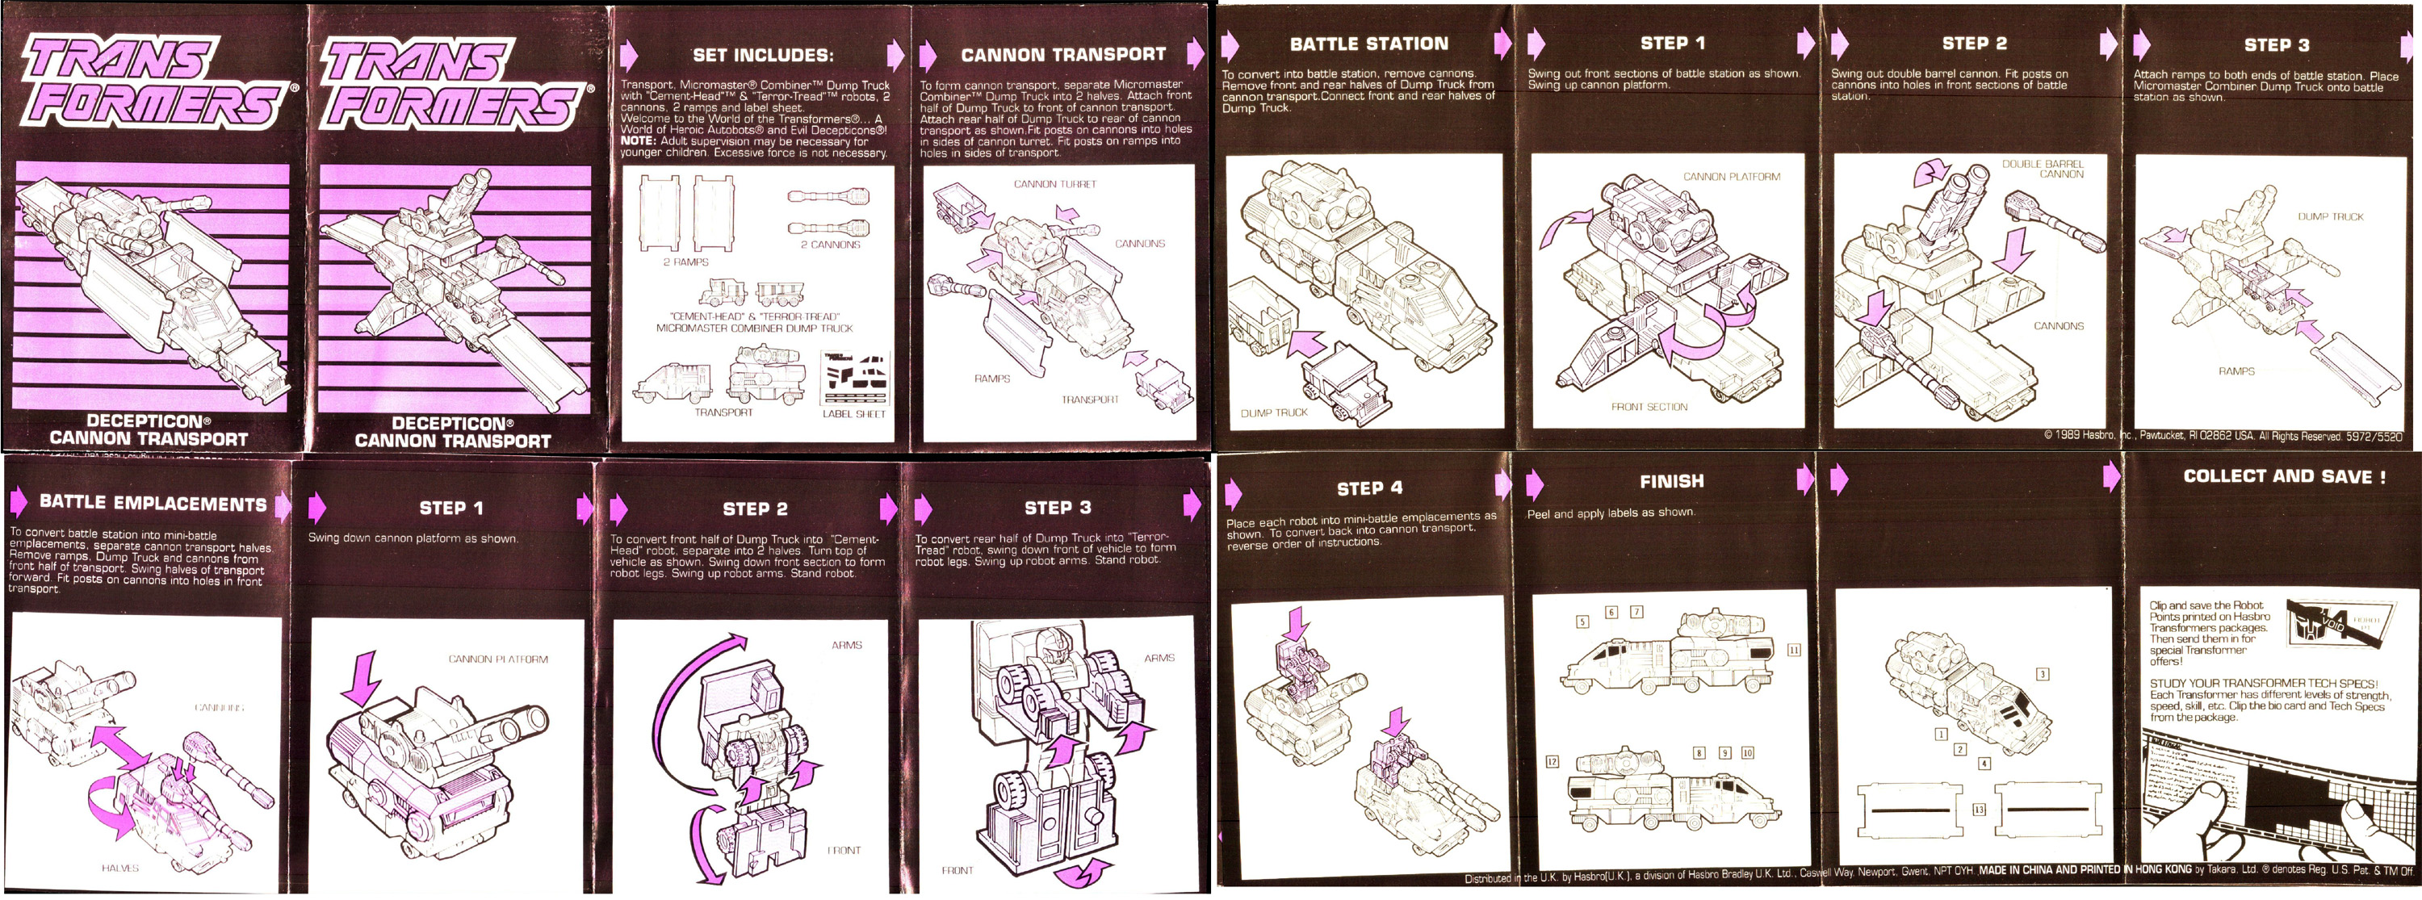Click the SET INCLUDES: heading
tap(762, 56)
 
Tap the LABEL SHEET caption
tap(853, 414)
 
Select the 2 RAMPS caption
tap(685, 262)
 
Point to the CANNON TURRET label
tap(1054, 184)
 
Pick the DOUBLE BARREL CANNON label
tap(2043, 170)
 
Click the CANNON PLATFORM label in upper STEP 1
tap(1731, 177)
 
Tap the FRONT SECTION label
tap(1649, 407)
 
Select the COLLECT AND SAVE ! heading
tap(2283, 477)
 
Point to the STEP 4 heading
tap(1369, 488)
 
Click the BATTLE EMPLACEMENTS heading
tap(153, 504)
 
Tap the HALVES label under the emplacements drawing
tap(119, 868)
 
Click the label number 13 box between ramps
tap(1978, 810)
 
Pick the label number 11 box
tap(1793, 650)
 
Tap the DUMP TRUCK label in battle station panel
tap(1273, 412)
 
